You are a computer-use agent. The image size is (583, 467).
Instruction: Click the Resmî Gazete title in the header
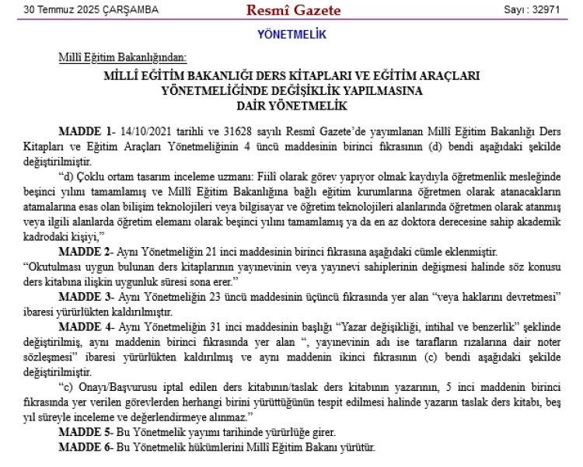point(282,10)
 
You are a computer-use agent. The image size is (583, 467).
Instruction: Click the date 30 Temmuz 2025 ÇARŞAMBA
point(91,11)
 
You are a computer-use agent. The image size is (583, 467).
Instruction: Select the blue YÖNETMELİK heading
point(291,35)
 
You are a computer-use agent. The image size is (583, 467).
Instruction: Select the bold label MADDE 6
point(82,448)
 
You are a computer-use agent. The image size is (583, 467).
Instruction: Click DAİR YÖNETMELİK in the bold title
point(291,103)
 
